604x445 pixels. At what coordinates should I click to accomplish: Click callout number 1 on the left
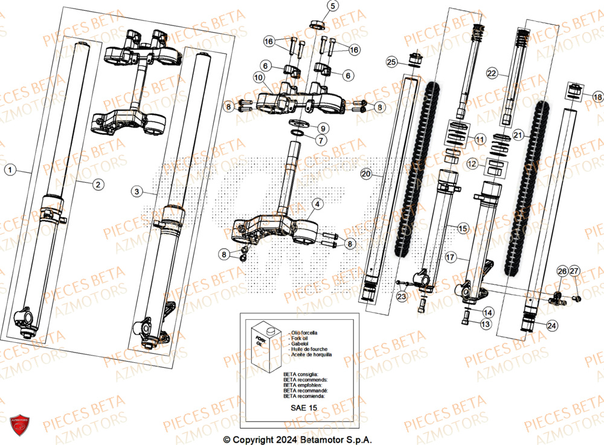[x=9, y=170]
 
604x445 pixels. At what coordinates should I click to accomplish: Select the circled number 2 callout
[x=97, y=184]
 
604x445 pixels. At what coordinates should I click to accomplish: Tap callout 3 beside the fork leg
[x=137, y=191]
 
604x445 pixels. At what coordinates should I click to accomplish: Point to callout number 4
[x=318, y=204]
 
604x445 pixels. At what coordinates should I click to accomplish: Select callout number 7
[x=323, y=140]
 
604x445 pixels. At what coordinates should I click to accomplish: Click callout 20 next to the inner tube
[x=365, y=174]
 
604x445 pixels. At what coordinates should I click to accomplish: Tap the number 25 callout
[x=391, y=62]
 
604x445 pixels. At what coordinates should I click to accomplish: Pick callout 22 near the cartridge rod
[x=492, y=73]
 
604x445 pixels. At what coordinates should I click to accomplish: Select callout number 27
[x=574, y=271]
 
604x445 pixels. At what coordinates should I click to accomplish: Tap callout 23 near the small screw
[x=402, y=297]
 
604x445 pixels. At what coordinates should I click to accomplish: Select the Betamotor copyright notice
[x=298, y=440]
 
